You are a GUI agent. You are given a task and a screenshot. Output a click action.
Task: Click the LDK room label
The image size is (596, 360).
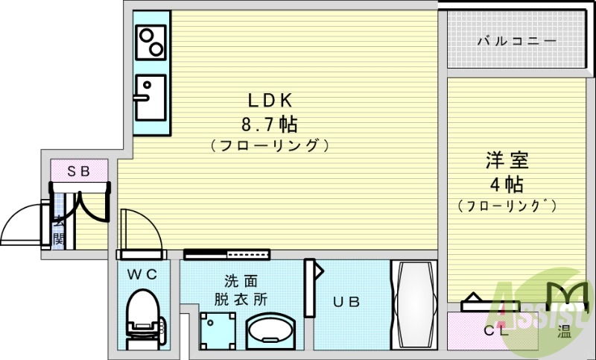coord(272,98)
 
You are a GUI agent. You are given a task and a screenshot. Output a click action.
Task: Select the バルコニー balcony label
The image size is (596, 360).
coord(516,41)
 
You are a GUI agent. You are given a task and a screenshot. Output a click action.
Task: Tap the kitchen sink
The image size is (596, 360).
coord(151,96)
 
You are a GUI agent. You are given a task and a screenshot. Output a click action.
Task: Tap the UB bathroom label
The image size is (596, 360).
coord(346,302)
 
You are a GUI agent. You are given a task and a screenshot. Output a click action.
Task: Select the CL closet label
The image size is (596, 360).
coord(496,332)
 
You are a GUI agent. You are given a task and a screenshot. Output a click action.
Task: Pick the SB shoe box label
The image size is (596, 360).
coord(79,171)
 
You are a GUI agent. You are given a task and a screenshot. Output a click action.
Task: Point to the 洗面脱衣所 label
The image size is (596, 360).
coord(241,291)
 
